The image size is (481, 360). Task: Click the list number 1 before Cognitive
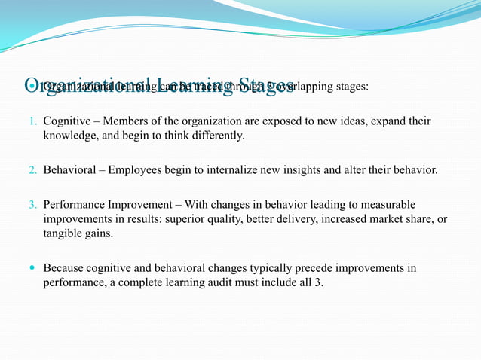(x=32, y=121)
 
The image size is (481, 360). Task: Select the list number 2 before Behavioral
(x=32, y=170)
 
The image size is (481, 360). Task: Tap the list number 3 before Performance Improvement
(x=32, y=205)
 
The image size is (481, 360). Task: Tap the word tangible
(x=63, y=233)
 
